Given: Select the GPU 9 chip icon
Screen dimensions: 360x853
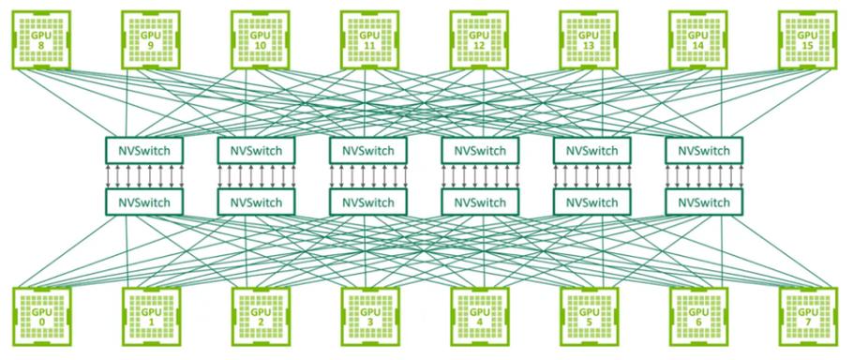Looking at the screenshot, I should (x=150, y=40).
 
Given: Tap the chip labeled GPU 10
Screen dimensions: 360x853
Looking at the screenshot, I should (x=260, y=40).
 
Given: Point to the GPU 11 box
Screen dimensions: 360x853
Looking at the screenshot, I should (x=369, y=40).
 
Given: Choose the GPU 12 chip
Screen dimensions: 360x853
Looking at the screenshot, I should (x=479, y=40).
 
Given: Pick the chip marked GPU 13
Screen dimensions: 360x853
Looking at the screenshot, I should (x=589, y=40).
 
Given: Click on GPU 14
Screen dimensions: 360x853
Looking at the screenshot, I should (x=698, y=40).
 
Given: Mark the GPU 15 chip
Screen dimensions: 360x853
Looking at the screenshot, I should (x=808, y=40).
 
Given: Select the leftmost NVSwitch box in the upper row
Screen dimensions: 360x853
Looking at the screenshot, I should (x=144, y=150).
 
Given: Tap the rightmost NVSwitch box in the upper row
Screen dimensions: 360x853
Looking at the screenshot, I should (x=703, y=150).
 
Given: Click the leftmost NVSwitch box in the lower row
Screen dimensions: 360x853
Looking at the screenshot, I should (x=144, y=202).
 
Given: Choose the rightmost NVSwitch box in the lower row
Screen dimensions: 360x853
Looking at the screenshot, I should (x=703, y=202).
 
